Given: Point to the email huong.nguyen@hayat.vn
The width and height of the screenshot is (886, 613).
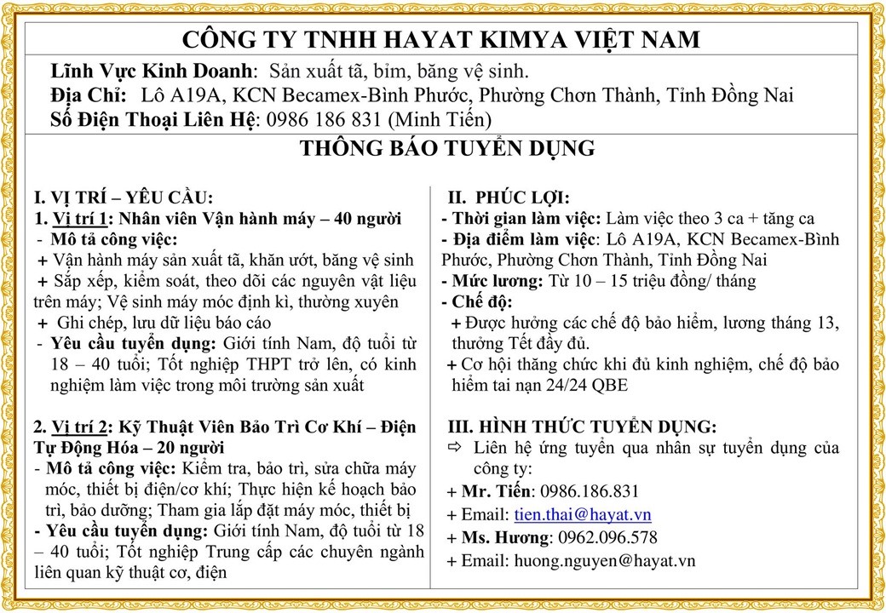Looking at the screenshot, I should tap(604, 560).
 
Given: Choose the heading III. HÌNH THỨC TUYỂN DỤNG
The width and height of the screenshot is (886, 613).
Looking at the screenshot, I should tap(582, 426).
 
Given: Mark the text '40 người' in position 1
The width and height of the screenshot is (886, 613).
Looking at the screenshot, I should tap(368, 219).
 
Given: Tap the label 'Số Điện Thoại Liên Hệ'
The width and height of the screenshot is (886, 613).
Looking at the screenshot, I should tap(153, 118).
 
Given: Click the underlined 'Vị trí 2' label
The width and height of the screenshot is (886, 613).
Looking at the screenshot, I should tap(82, 426).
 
